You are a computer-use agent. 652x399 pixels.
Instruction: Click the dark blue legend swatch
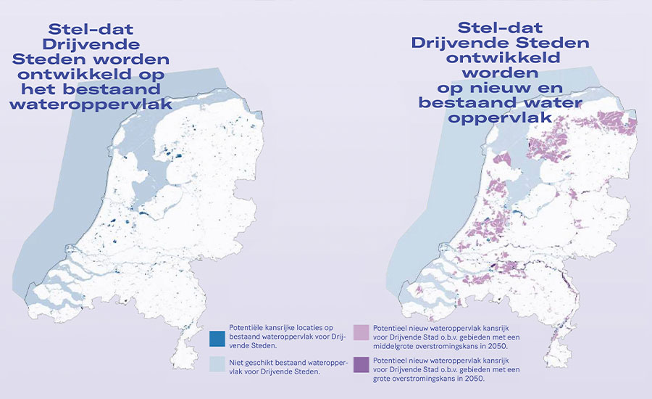215,338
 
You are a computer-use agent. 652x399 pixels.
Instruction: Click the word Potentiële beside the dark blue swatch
246,327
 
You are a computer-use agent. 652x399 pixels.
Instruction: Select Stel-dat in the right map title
501,28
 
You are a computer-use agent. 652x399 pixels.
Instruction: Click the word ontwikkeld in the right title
501,58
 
